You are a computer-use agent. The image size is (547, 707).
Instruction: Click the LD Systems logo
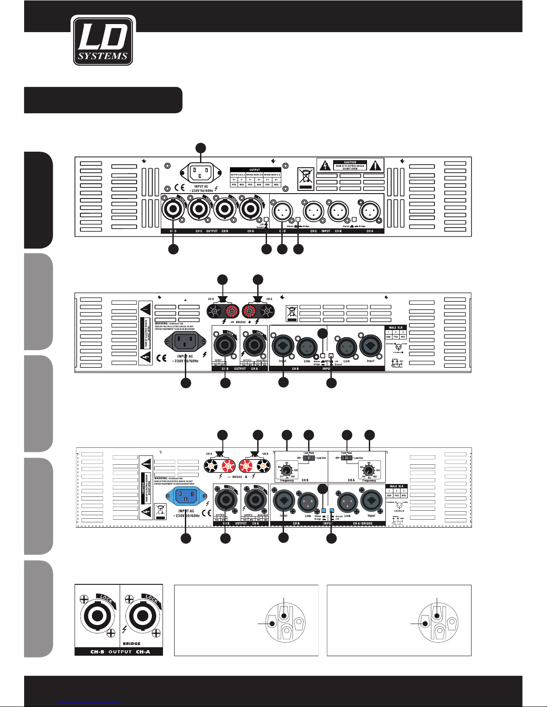[x=103, y=41]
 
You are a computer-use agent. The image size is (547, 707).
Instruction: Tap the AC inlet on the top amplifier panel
[x=201, y=172]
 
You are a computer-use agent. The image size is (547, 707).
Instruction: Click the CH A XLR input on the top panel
[x=370, y=211]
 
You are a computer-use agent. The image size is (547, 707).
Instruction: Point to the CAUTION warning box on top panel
[x=350, y=165]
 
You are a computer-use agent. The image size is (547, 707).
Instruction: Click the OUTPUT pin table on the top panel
[x=255, y=177]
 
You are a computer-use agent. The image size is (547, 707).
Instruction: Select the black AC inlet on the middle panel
[x=185, y=342]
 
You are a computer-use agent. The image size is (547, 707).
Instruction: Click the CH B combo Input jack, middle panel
[x=283, y=346]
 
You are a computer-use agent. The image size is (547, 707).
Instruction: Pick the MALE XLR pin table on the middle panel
[x=396, y=332]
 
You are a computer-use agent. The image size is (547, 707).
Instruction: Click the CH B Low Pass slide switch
[x=308, y=458]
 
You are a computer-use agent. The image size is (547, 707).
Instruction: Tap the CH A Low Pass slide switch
[x=347, y=458]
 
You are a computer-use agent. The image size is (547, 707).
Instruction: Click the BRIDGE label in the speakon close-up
[x=131, y=644]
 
